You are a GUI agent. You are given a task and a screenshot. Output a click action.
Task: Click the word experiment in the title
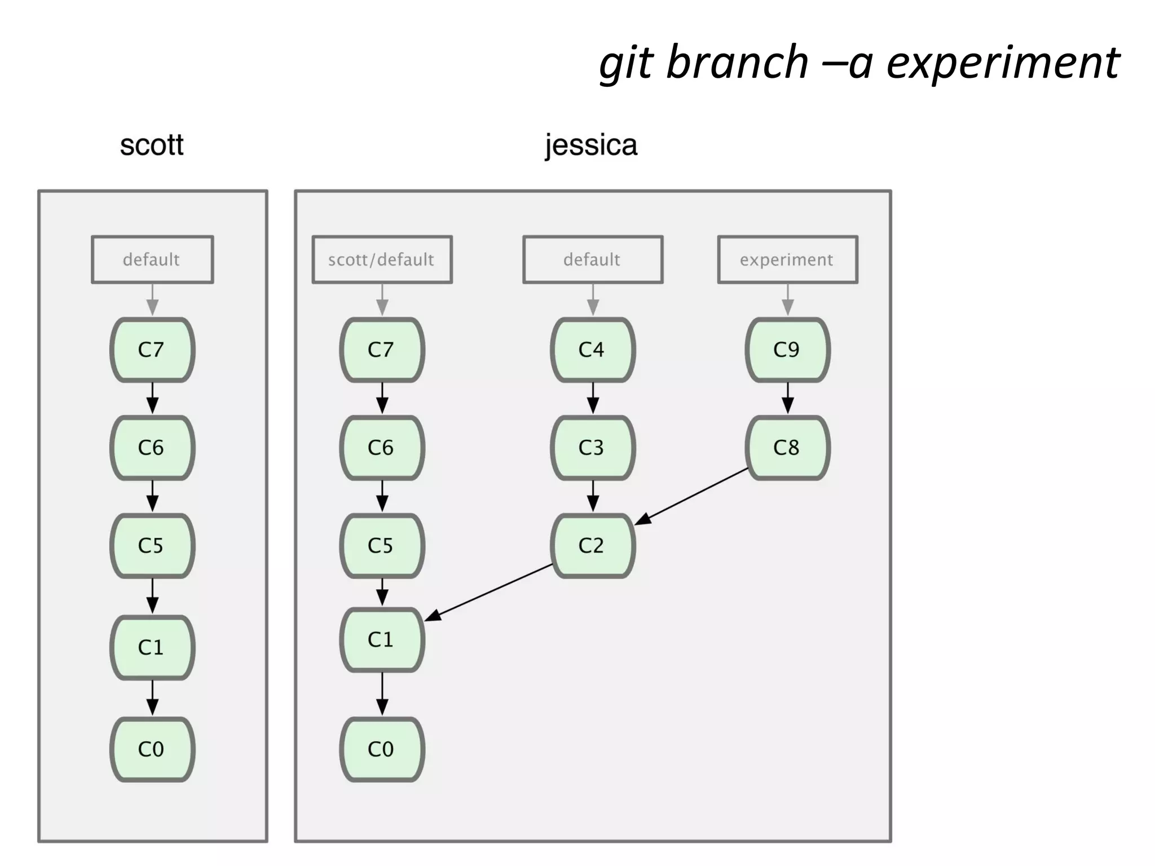pos(1003,63)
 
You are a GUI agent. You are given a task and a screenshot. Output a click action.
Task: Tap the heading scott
pos(152,145)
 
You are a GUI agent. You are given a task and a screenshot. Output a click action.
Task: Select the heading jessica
pos(591,145)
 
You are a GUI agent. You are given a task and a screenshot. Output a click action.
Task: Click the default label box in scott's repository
pos(152,259)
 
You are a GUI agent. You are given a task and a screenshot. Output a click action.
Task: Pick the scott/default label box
pos(382,259)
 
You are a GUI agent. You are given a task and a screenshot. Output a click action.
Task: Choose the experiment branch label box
pos(787,259)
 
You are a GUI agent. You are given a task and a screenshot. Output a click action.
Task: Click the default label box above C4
pos(592,259)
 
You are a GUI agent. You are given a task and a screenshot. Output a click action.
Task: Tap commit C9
pos(787,350)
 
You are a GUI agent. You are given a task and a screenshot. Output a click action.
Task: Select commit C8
pos(787,448)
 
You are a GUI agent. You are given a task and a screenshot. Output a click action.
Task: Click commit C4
pos(592,350)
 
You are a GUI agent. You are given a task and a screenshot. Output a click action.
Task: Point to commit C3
pos(592,448)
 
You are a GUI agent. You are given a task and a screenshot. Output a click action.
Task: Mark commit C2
pos(592,545)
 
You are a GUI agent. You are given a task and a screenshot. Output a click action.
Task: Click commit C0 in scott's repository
pos(152,749)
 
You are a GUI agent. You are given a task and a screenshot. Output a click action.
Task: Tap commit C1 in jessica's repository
pos(382,639)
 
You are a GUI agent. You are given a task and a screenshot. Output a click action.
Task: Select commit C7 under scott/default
pos(382,350)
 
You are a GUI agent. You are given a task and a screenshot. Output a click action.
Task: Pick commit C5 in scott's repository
pos(152,545)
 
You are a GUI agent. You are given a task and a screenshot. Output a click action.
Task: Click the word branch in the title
pos(737,63)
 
